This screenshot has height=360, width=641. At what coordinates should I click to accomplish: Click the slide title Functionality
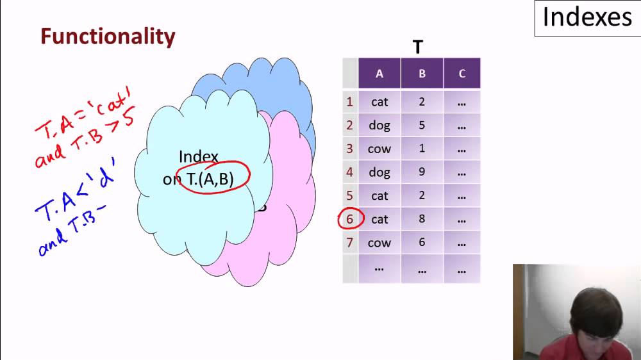(108, 37)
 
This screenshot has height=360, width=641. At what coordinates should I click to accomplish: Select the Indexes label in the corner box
(587, 17)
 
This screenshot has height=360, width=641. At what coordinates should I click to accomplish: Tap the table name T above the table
(417, 47)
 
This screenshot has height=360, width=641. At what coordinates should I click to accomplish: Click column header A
(379, 74)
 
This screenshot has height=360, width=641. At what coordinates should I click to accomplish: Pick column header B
(422, 74)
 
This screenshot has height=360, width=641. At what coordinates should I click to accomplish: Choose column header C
(462, 74)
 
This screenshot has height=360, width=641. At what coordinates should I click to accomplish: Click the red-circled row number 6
(349, 219)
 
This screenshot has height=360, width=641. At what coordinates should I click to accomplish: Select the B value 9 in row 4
(422, 172)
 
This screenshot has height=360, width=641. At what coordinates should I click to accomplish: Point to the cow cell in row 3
(379, 149)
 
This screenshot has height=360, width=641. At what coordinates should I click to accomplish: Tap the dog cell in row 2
(379, 126)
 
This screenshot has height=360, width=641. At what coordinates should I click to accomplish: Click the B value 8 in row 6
(422, 218)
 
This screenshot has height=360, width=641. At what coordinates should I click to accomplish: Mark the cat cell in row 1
(379, 102)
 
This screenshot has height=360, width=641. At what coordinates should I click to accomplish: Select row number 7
(349, 243)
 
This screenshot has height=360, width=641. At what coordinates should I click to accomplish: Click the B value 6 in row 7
(422, 242)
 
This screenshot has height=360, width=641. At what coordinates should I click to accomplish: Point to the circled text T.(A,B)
(210, 179)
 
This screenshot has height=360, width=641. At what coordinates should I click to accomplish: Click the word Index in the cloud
(199, 156)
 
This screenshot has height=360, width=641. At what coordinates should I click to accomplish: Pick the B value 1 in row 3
(422, 148)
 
